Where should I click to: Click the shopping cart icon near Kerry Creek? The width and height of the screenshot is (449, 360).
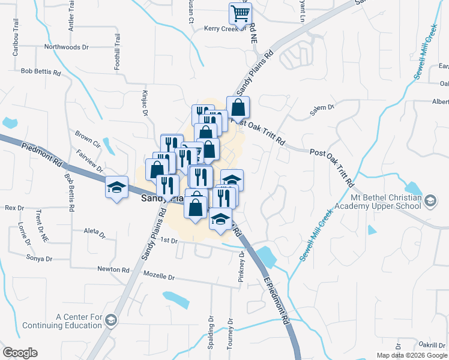click(x=240, y=13)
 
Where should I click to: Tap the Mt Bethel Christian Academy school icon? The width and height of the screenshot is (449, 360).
click(x=430, y=200)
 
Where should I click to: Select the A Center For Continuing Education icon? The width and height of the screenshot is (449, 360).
click(x=110, y=321)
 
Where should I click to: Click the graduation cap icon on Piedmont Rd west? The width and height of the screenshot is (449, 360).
click(x=116, y=187)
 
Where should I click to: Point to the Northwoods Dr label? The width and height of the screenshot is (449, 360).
click(x=67, y=46)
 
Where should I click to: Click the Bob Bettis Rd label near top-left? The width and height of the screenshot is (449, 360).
click(x=41, y=72)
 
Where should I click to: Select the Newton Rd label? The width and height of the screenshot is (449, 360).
click(x=113, y=270)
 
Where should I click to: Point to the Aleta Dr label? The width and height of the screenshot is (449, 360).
click(x=95, y=233)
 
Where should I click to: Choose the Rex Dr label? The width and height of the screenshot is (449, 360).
click(x=14, y=208)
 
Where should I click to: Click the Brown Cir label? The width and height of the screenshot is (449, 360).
click(x=88, y=138)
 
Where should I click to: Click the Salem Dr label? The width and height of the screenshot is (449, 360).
click(x=322, y=107)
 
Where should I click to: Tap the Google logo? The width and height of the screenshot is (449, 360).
click(x=20, y=353)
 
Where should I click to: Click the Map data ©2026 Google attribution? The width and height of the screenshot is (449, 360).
click(x=412, y=355)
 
